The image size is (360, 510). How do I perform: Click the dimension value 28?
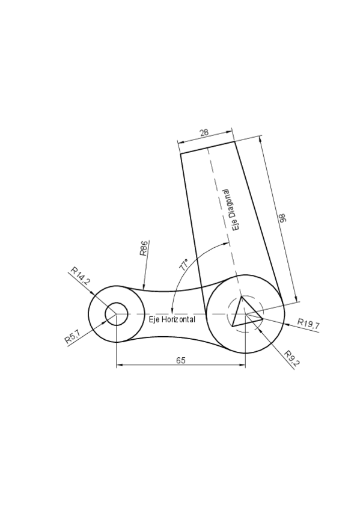click(x=204, y=132)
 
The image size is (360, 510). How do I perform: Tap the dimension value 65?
click(x=181, y=360)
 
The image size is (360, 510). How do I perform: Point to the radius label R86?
click(x=144, y=248)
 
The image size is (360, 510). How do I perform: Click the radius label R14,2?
click(x=80, y=275)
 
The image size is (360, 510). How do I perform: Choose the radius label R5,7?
click(x=73, y=337)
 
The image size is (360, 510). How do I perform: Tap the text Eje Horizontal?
click(x=172, y=319)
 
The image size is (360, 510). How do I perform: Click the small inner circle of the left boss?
click(x=116, y=314)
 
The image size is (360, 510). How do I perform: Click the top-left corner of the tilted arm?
click(x=181, y=154)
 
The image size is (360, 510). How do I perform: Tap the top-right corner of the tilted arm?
click(x=234, y=142)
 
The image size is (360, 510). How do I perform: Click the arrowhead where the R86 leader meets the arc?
click(x=143, y=289)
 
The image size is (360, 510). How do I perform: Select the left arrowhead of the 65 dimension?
click(x=118, y=365)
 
